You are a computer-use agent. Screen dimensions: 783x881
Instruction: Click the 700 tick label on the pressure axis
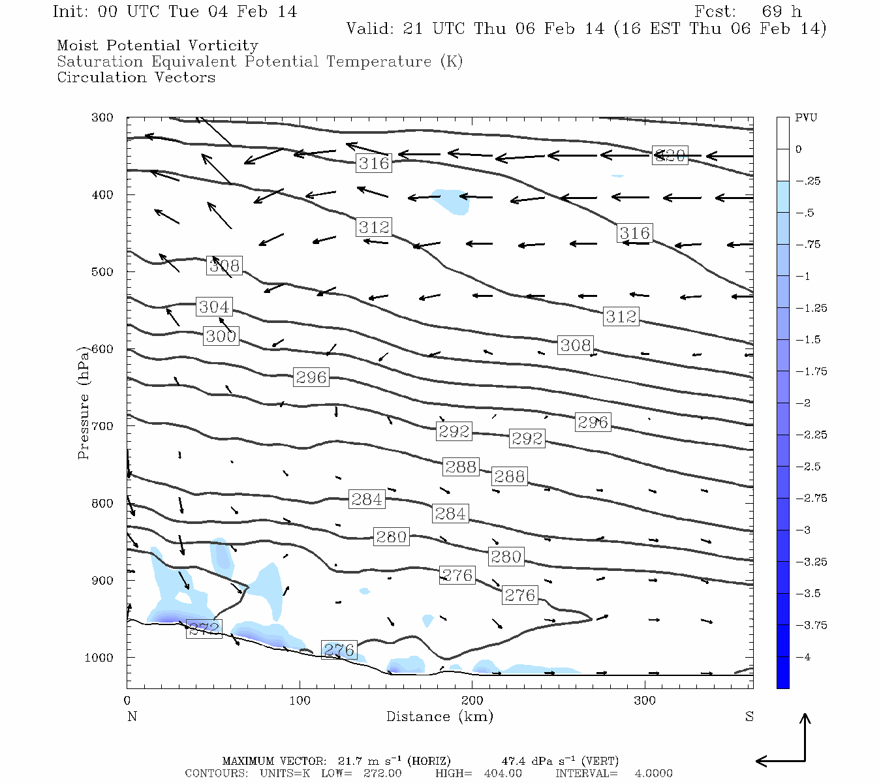tap(102, 426)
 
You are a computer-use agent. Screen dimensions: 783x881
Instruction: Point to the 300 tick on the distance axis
tap(645, 701)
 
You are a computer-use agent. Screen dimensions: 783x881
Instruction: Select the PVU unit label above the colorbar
tap(806, 118)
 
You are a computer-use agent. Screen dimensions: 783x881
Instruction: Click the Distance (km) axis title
tap(439, 717)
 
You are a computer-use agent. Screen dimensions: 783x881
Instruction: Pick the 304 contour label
tap(214, 307)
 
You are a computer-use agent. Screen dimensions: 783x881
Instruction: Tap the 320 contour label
tap(670, 155)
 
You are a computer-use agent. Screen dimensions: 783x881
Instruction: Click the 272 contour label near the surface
tap(204, 629)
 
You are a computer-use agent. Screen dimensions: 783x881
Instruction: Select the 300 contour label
tap(221, 336)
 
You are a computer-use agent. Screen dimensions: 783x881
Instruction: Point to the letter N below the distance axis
tap(132, 717)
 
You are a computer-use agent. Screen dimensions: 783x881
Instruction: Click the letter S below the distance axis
tap(749, 717)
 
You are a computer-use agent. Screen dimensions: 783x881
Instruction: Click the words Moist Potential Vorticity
tap(157, 46)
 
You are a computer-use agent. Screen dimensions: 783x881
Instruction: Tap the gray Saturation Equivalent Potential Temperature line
tap(260, 62)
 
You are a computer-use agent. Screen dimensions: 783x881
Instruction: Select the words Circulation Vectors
tap(136, 78)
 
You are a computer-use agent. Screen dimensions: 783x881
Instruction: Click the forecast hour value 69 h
tap(781, 12)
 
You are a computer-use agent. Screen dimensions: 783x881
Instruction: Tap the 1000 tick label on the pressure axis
tap(99, 658)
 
